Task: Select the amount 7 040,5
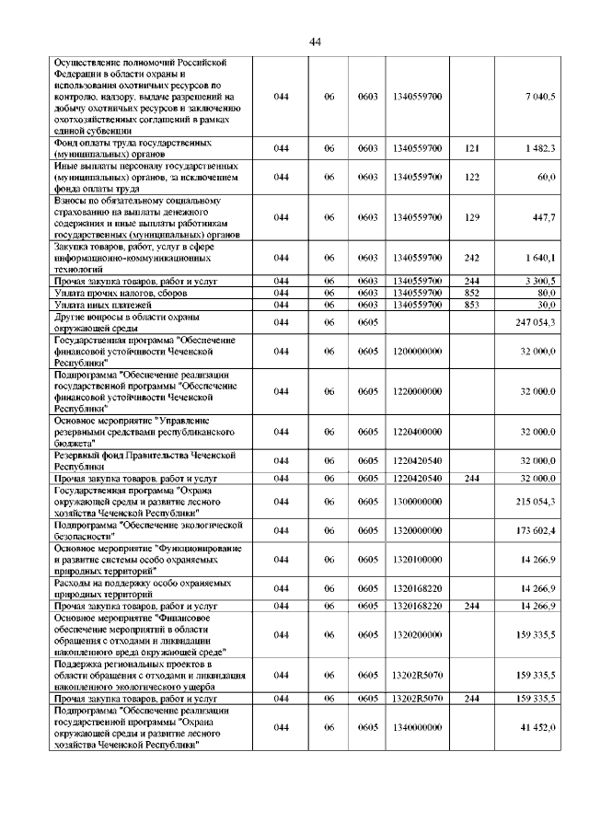click(538, 97)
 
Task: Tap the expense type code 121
click(471, 147)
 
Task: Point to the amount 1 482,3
click(538, 147)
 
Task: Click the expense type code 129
click(471, 217)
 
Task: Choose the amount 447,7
click(542, 217)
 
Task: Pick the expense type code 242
click(471, 259)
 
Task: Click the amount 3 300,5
click(538, 280)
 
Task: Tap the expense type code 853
click(471, 304)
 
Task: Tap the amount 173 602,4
click(535, 531)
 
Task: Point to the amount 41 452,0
click(537, 727)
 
